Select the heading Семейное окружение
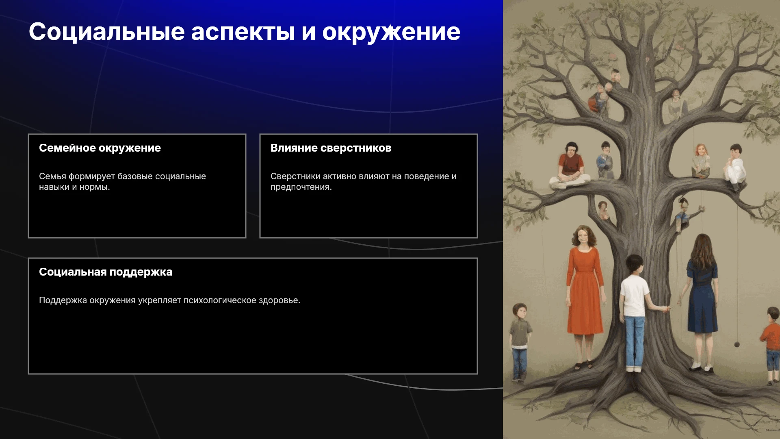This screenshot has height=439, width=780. click(x=100, y=148)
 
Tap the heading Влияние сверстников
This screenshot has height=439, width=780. click(x=331, y=148)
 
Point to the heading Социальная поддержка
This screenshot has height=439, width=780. click(x=106, y=272)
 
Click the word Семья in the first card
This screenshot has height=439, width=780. click(x=52, y=176)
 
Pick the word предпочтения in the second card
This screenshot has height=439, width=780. click(x=301, y=187)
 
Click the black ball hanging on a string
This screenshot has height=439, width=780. click(x=737, y=345)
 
